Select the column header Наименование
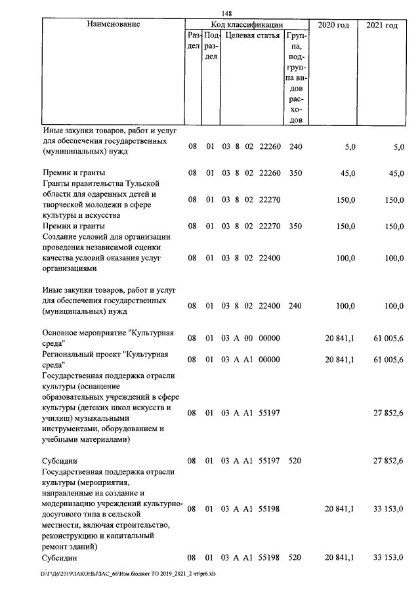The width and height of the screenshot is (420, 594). click(x=113, y=25)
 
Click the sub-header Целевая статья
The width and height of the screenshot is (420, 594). click(x=253, y=35)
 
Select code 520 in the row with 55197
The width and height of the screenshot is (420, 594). click(x=295, y=461)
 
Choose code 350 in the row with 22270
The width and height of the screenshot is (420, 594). click(x=295, y=226)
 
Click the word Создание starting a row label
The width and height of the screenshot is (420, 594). click(x=60, y=236)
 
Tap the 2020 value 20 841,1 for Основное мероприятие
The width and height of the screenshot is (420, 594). click(x=339, y=338)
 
